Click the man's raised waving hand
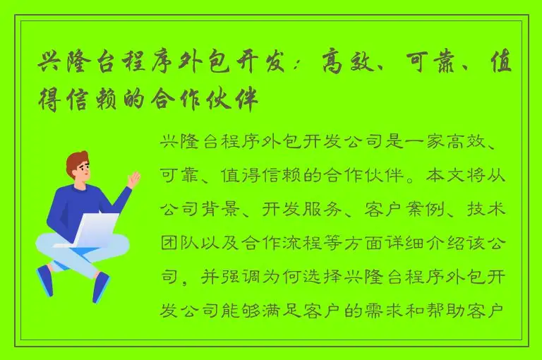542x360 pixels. [x=133, y=179]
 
